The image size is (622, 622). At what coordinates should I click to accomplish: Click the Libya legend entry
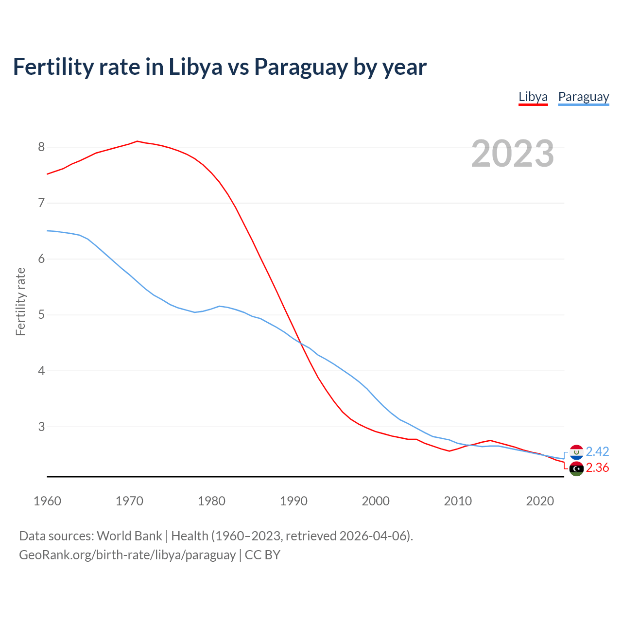click(533, 97)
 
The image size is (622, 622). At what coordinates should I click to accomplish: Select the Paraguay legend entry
click(583, 97)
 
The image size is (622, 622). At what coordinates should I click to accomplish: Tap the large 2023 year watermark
click(512, 154)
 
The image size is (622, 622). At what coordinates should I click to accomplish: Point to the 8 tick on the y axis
click(41, 147)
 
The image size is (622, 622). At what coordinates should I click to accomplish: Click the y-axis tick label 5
click(41, 315)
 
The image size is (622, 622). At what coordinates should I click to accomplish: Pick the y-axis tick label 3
click(41, 427)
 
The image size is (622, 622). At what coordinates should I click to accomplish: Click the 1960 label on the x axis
click(47, 501)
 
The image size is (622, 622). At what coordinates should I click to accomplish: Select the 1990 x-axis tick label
click(294, 501)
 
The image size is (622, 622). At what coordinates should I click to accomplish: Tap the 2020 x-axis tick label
click(540, 501)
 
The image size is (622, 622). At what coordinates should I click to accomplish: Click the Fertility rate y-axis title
click(20, 301)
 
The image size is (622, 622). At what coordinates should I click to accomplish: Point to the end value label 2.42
click(597, 451)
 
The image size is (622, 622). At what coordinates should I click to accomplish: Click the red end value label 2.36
click(597, 467)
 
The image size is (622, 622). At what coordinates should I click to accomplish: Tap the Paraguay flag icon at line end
click(576, 452)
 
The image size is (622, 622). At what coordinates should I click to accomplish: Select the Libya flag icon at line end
click(576, 469)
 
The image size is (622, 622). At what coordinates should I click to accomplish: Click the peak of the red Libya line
click(137, 141)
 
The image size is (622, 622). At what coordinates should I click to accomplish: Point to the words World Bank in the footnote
click(129, 536)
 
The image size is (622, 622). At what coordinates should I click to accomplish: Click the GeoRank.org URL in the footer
click(127, 554)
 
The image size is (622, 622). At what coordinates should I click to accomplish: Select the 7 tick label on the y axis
click(41, 203)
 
